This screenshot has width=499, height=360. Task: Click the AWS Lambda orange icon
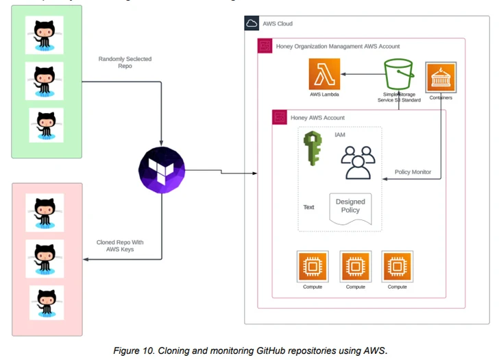[324, 73]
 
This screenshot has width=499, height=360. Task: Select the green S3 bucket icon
[401, 73]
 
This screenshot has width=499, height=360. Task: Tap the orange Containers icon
[441, 77]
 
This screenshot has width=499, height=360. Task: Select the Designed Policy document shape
[350, 208]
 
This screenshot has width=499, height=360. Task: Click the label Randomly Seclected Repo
[125, 63]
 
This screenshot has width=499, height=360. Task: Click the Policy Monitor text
[413, 172]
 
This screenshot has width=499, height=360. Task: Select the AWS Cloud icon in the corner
[252, 23]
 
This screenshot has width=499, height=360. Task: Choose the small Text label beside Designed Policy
[309, 207]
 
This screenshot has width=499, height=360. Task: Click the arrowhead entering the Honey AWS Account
[255, 172]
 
